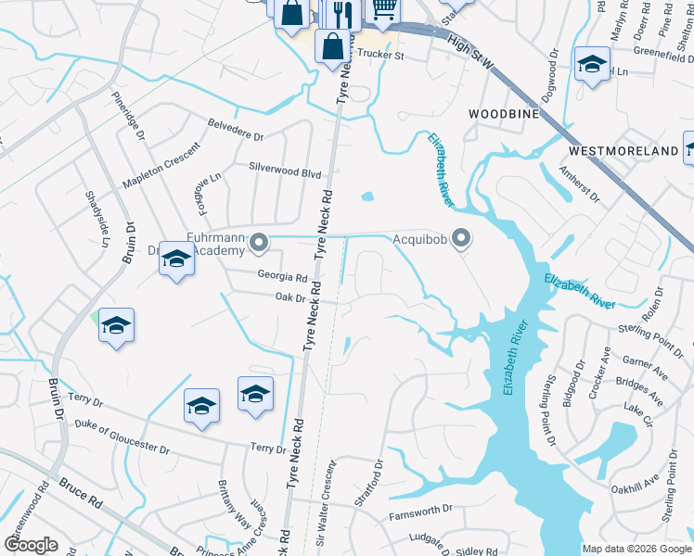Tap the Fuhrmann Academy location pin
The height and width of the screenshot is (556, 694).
[x=260, y=243]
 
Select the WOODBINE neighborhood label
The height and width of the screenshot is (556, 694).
[x=504, y=113]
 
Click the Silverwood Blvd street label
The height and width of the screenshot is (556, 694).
[x=284, y=173]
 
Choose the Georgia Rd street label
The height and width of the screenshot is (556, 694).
[x=282, y=277]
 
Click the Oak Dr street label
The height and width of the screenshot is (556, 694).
[x=290, y=297]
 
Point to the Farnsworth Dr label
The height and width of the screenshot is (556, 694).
[x=419, y=512]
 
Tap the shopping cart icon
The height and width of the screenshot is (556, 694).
[x=383, y=8]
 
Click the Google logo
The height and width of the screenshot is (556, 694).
[x=31, y=545]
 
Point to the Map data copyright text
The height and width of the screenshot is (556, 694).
[x=636, y=549]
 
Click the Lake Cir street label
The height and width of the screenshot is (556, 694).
[x=637, y=409]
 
